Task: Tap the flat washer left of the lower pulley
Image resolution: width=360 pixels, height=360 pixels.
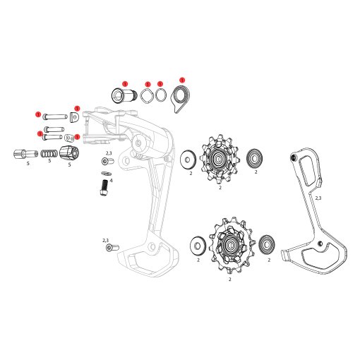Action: click(x=198, y=246)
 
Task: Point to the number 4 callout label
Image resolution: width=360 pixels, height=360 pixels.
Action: click(x=111, y=181)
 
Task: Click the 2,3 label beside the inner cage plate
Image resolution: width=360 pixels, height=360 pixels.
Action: click(x=318, y=198)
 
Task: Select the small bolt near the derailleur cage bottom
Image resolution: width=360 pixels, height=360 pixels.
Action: click(x=110, y=248)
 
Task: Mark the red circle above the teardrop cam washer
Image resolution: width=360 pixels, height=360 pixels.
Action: click(x=182, y=80)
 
